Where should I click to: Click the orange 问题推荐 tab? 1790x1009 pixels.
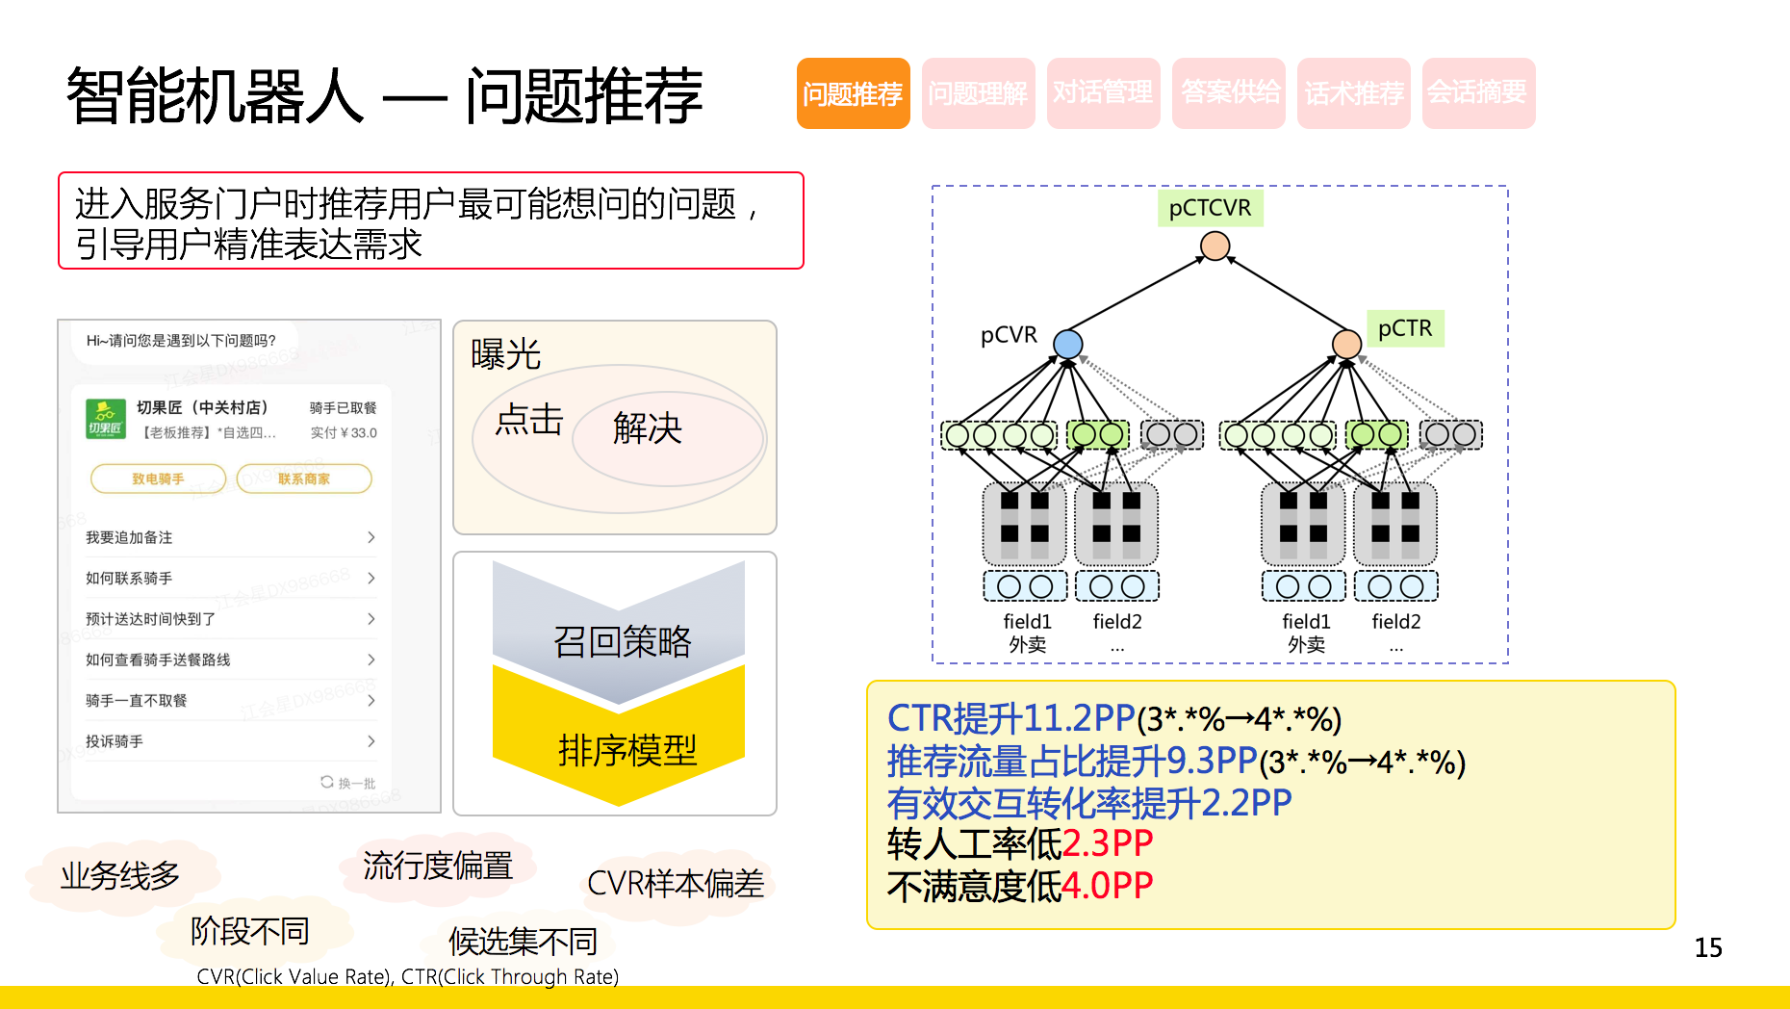click(853, 93)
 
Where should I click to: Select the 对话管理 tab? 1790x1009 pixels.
click(1103, 93)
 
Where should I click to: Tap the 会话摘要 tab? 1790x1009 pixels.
click(1477, 93)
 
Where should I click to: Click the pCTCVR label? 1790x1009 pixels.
click(1210, 208)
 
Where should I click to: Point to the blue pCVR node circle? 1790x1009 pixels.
click(1068, 344)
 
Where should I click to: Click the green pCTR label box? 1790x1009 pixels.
click(1405, 328)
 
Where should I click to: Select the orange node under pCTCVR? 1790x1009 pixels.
click(1215, 246)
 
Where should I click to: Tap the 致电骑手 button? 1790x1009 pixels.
click(158, 479)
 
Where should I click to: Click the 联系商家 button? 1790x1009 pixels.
click(304, 479)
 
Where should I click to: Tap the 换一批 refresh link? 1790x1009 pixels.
click(348, 783)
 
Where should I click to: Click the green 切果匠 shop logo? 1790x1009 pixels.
click(106, 419)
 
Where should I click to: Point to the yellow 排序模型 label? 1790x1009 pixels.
click(626, 750)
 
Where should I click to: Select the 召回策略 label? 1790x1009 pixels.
click(623, 641)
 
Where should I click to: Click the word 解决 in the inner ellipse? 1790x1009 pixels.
click(648, 428)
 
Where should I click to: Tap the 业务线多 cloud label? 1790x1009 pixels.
click(120, 875)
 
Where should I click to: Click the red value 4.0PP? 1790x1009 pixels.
click(1107, 886)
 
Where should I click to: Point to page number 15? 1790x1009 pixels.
click(1708, 948)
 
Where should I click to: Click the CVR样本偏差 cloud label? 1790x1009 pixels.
click(676, 883)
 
